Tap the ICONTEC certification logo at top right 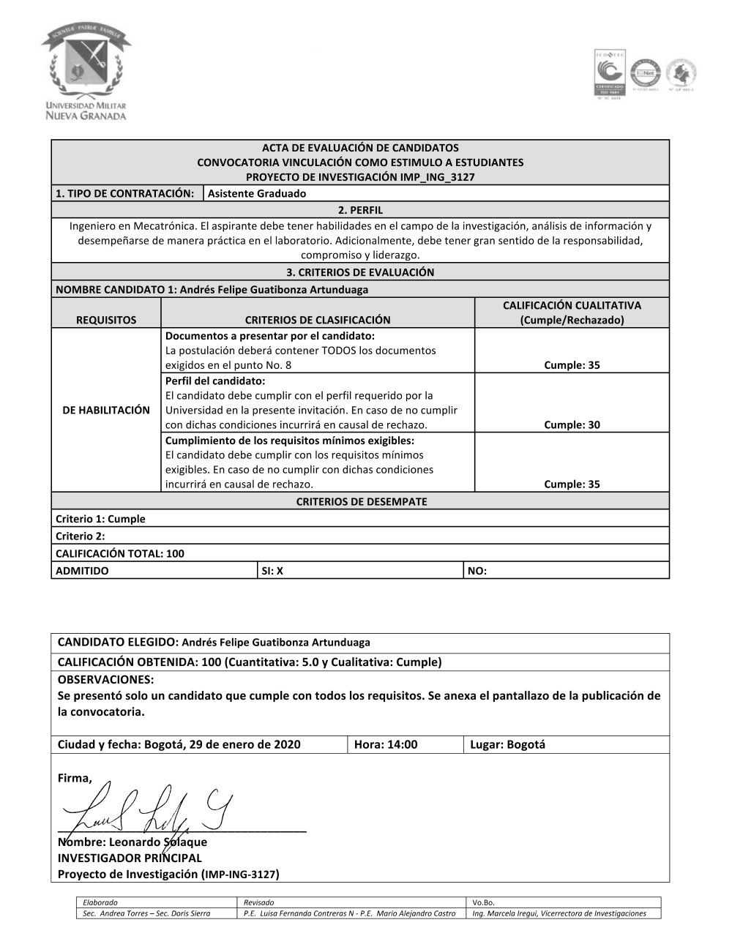(x=609, y=74)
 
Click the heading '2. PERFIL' (x=360, y=210)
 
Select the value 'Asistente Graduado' (x=257, y=193)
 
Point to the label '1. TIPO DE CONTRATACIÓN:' (x=126, y=193)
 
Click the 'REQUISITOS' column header (x=106, y=320)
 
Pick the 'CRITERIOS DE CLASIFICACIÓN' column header (x=317, y=320)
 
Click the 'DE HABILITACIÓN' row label (x=106, y=410)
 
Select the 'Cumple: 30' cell (x=572, y=424)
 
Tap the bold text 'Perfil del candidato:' (x=215, y=381)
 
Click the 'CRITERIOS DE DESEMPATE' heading (x=360, y=501)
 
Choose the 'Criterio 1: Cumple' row (x=101, y=519)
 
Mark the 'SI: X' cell (x=272, y=571)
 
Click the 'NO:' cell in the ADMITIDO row (x=477, y=571)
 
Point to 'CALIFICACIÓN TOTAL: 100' (x=120, y=553)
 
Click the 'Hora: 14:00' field (x=386, y=744)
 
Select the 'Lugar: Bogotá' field (x=507, y=744)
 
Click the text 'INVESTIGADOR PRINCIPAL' (x=130, y=858)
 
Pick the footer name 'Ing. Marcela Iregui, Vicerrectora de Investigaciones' (x=559, y=913)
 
